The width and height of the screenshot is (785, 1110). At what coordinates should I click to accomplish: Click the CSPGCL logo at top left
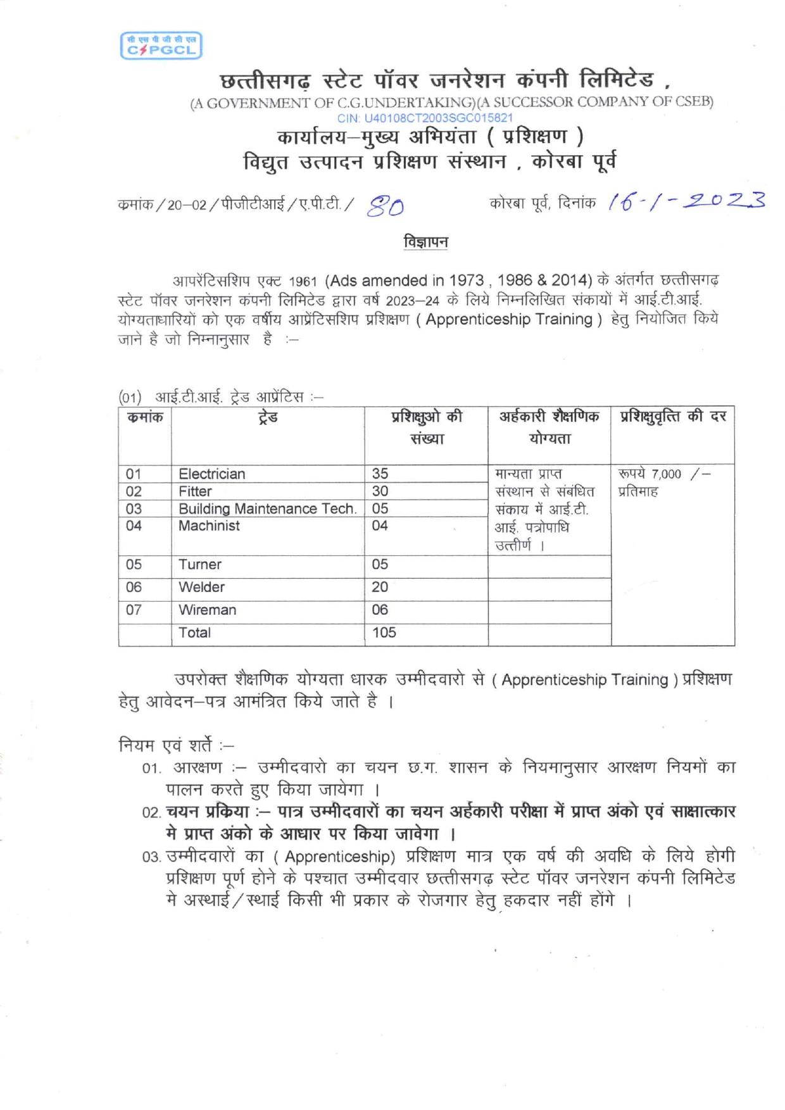pos(161,46)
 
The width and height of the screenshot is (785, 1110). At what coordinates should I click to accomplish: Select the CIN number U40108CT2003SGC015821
pos(425,118)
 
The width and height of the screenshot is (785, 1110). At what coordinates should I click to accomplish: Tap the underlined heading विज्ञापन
pos(425,243)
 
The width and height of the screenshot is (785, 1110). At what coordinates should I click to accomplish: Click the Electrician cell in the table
pos(211,474)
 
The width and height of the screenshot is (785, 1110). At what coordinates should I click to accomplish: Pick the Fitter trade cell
pos(195,491)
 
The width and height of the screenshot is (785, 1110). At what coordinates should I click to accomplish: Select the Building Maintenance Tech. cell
pos(267,508)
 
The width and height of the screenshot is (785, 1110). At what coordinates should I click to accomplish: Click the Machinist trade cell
pos(209,526)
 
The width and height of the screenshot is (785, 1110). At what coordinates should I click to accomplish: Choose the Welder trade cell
pos(201,587)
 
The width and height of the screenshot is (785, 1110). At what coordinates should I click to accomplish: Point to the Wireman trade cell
pos(207,610)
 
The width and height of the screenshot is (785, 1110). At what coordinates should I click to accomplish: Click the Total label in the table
pos(194,633)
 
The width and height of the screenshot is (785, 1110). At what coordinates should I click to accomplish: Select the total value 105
pos(384,633)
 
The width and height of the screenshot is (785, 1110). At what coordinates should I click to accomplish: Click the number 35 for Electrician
pos(380,474)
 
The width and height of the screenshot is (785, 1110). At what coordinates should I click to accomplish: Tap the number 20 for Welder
pos(380,587)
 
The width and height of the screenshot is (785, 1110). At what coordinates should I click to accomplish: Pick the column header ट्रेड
pos(268,417)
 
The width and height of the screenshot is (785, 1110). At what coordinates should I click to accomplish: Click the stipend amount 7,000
pos(666,474)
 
